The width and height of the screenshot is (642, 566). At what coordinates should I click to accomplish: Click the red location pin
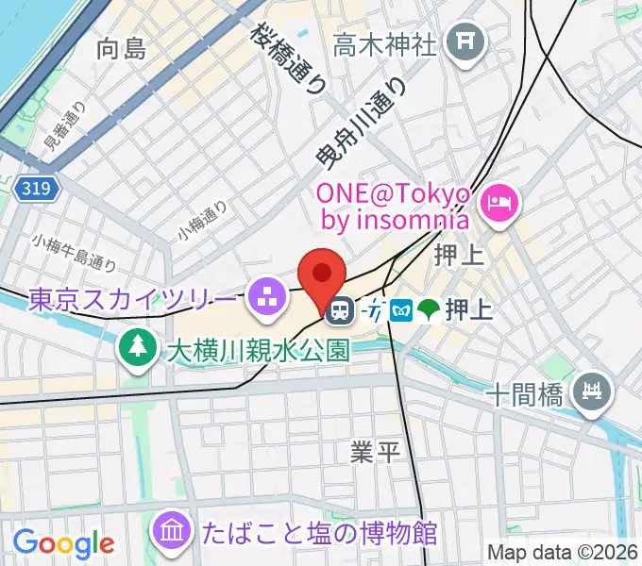pos(321,274)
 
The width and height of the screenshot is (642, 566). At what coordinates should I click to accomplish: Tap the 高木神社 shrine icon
pos(465,41)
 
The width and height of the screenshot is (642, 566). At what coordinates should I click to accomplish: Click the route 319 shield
pos(38,190)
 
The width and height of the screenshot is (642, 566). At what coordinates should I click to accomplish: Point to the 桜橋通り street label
pos(289,58)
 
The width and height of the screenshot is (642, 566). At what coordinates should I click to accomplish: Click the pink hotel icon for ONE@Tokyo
pos(498,200)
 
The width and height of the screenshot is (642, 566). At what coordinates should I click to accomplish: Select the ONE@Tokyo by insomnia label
pos(393,207)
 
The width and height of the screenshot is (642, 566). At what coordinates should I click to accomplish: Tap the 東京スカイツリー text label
pos(132,300)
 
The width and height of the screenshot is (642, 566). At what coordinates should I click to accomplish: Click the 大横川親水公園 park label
pos(259,351)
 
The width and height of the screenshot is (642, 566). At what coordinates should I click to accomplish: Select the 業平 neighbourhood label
pos(376,453)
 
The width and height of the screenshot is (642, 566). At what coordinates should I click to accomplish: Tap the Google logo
pos(63,542)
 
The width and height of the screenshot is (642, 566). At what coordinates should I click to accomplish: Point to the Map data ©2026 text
pos(563,552)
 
